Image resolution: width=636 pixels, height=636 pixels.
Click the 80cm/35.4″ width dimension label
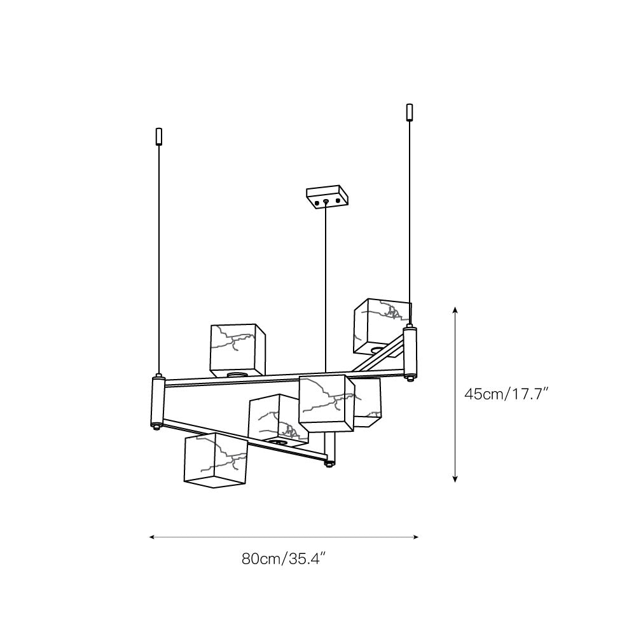(284, 559)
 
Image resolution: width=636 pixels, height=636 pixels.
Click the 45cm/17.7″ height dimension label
(507, 394)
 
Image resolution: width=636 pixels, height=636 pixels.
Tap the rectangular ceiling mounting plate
(328, 197)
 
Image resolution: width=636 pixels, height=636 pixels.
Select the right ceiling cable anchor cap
(410, 112)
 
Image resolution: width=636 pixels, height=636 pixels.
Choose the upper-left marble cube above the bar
(238, 350)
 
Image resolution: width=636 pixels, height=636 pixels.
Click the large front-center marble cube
(326, 403)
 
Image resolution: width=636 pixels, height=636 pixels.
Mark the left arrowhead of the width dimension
(153, 537)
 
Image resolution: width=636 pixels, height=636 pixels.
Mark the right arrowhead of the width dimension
(415, 537)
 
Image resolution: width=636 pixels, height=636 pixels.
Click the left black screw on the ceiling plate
(317, 201)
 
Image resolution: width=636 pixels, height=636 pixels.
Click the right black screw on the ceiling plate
(338, 201)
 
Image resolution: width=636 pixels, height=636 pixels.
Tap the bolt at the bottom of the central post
(329, 464)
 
